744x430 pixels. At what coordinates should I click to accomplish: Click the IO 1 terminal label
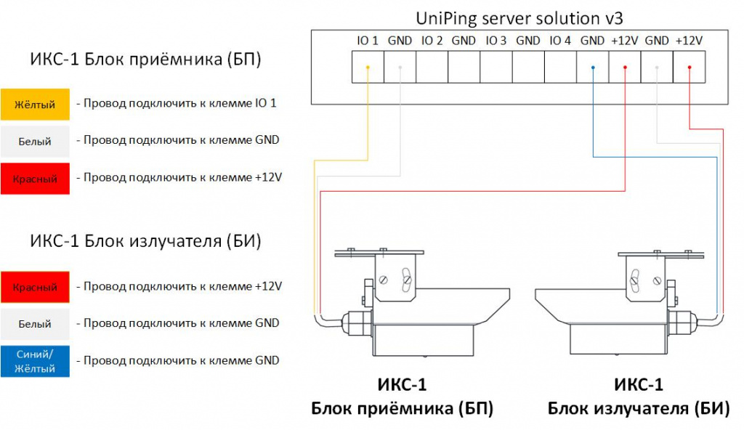tap(368, 41)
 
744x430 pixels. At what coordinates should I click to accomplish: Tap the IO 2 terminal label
tap(432, 41)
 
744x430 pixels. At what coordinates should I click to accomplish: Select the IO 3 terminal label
tap(496, 41)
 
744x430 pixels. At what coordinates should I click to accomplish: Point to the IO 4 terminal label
tap(560, 41)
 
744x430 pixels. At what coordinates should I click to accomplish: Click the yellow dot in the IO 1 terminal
tap(368, 68)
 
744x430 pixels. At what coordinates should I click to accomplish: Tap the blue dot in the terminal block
tap(593, 68)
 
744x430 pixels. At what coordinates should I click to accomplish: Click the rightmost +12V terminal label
tap(689, 41)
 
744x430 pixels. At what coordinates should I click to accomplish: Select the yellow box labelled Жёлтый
tap(35, 104)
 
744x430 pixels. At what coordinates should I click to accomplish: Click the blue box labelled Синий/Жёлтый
tap(35, 361)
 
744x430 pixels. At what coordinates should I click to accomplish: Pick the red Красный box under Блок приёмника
tap(35, 179)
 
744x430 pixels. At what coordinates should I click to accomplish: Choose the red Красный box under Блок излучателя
tap(35, 287)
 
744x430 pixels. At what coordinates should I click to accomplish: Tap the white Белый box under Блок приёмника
tap(35, 142)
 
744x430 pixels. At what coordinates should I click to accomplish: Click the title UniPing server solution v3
tap(519, 18)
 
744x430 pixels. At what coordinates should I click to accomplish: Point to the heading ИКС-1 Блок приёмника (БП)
tap(145, 60)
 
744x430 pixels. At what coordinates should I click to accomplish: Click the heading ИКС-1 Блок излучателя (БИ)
tap(145, 241)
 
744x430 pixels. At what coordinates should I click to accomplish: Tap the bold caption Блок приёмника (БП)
tap(403, 408)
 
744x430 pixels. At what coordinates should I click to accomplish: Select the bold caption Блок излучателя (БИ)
tap(639, 408)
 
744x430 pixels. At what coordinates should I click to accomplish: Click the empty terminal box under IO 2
tap(432, 67)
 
